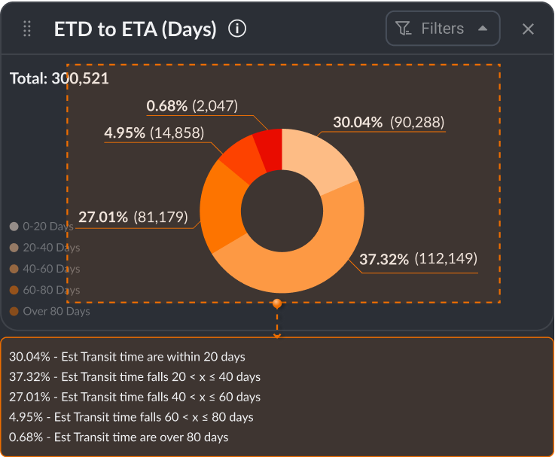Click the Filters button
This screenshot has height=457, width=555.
click(443, 29)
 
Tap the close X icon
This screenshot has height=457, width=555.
click(529, 29)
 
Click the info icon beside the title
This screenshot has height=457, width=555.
click(237, 29)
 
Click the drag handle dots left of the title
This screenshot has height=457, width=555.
click(27, 29)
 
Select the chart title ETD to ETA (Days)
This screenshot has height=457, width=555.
click(136, 29)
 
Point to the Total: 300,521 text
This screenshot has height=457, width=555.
click(59, 78)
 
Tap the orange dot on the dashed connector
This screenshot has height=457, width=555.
click(277, 303)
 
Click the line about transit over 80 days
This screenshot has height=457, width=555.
click(118, 437)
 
